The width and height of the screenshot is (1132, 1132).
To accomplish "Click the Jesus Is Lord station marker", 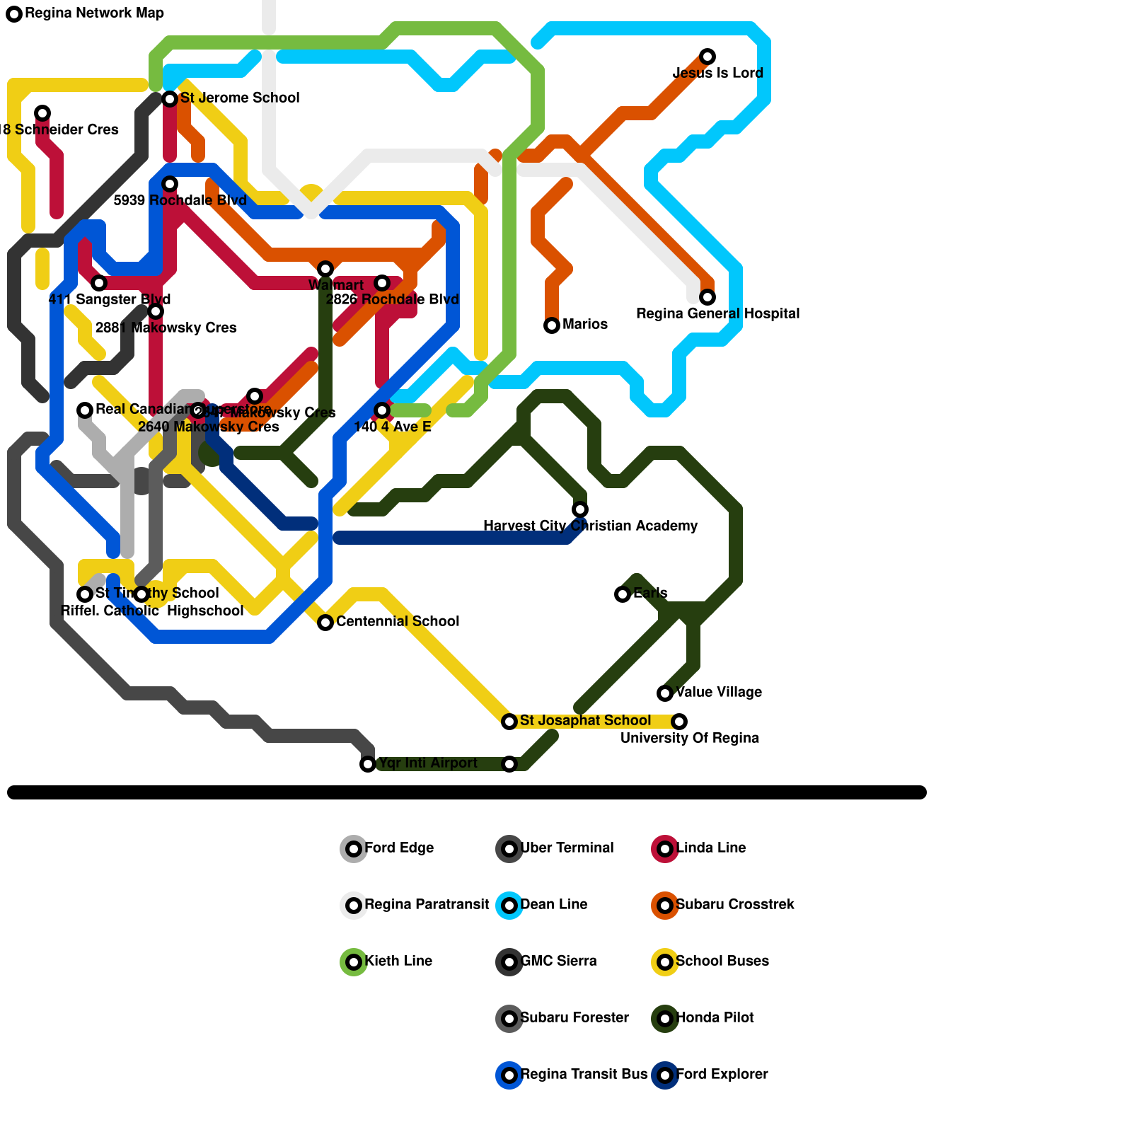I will [x=707, y=57].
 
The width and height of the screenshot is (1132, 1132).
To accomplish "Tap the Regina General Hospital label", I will [x=717, y=313].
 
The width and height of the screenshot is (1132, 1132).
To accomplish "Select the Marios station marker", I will [x=552, y=325].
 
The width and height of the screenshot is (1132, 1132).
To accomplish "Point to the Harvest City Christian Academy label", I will [x=590, y=526].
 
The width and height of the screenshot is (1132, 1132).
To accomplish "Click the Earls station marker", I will [x=623, y=594].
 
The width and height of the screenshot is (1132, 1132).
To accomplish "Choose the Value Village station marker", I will [x=665, y=693].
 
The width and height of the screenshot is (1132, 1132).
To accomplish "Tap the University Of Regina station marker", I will [x=679, y=722].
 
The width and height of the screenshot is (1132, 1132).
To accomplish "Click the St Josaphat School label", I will [x=585, y=720].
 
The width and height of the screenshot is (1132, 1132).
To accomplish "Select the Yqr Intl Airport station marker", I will [x=368, y=764].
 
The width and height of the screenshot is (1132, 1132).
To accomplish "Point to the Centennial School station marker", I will [x=325, y=623].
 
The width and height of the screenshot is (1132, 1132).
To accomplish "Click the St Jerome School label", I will [x=240, y=98].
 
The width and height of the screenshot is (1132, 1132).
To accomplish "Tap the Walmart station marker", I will [x=325, y=269].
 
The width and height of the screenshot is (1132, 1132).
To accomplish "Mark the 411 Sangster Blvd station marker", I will [x=99, y=283].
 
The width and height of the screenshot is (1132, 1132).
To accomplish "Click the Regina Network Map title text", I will [x=94, y=13].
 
